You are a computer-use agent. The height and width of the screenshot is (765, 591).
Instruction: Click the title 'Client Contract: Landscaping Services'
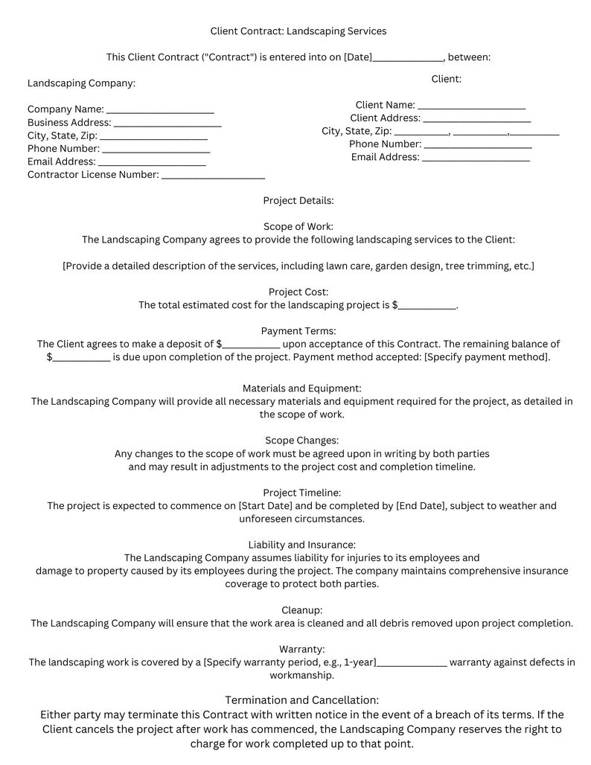click(298, 31)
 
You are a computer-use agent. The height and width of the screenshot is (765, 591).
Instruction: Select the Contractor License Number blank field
click(213, 176)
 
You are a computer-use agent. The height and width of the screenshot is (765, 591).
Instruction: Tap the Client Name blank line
click(472, 106)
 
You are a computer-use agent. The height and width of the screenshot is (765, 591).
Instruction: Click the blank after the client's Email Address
click(476, 159)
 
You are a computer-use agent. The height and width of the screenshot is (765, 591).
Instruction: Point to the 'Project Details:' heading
click(298, 201)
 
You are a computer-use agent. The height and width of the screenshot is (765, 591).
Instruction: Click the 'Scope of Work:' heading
click(298, 226)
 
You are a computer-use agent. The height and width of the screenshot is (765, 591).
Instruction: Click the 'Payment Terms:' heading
click(298, 330)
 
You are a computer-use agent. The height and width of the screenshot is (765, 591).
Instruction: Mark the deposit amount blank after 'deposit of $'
click(251, 345)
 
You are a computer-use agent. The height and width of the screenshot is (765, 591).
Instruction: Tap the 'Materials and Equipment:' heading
click(301, 388)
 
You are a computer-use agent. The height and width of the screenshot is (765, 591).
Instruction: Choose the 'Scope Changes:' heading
click(301, 441)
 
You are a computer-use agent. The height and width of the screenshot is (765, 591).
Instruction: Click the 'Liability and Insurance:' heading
click(301, 545)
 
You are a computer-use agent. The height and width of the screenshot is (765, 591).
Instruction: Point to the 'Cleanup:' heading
click(301, 610)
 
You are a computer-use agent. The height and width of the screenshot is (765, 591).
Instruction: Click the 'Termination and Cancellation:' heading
click(301, 700)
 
